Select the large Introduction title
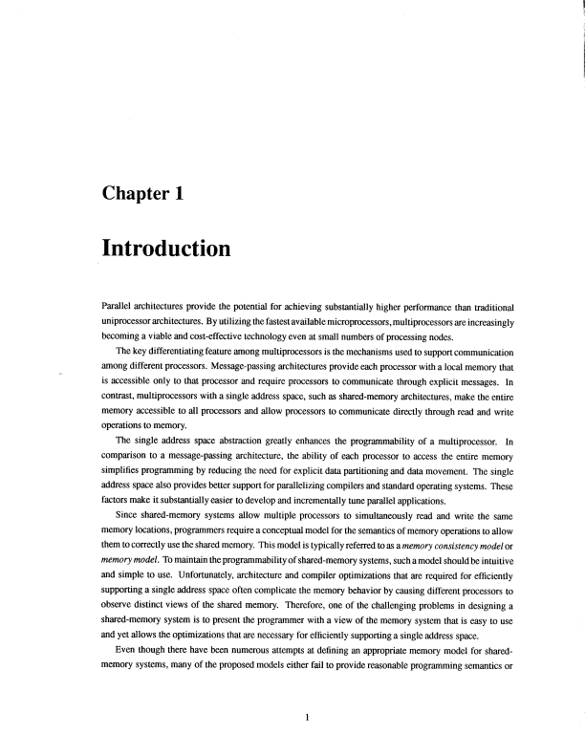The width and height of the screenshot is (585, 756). pos(165,249)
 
